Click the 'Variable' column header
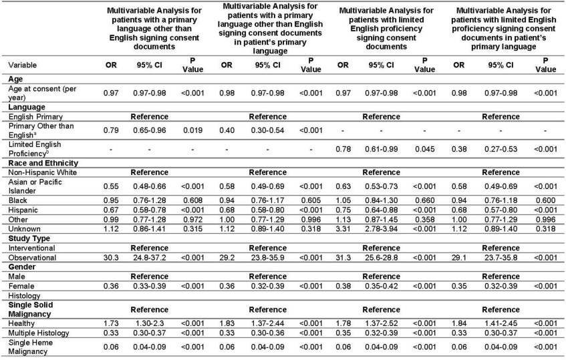23,65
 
